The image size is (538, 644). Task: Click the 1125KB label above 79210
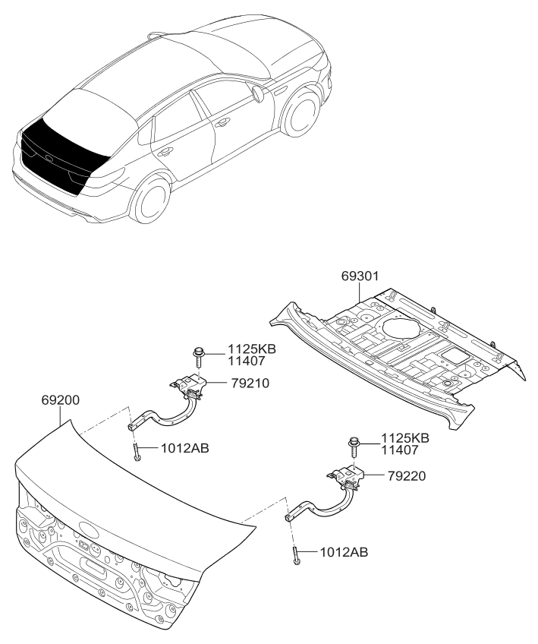(x=251, y=349)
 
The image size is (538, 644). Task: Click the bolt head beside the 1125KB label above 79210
(x=199, y=353)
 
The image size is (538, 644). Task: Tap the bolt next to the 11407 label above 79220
(x=355, y=443)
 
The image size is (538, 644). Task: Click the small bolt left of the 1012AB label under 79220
(x=295, y=556)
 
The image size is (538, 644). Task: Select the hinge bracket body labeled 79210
(x=190, y=388)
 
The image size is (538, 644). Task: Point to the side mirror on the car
(x=256, y=94)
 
